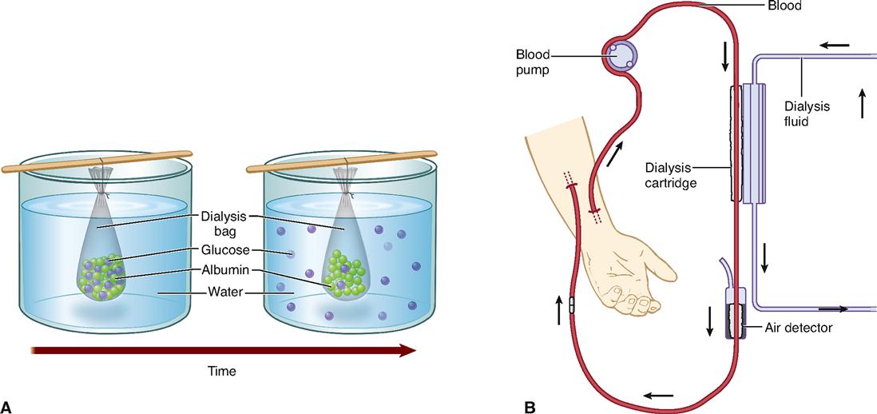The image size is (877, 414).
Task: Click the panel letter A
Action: (9, 406)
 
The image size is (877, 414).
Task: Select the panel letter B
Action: (530, 406)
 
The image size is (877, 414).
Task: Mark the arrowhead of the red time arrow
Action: (407, 350)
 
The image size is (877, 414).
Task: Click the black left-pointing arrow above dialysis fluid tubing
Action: (835, 46)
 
